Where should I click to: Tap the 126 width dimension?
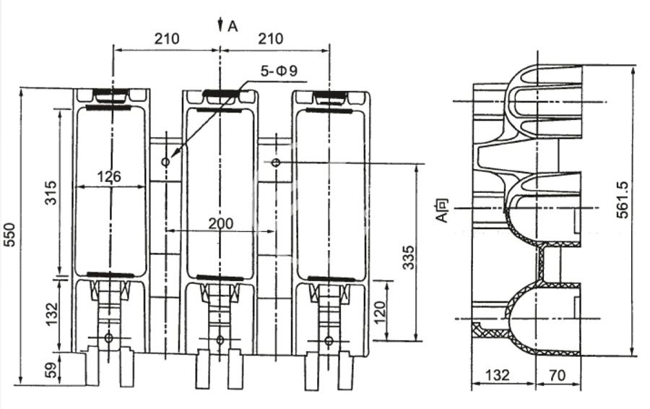[108, 176]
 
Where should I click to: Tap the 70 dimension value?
[555, 376]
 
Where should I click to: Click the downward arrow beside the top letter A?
[220, 25]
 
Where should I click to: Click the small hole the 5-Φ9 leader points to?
[166, 162]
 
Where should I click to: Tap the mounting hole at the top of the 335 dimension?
[276, 162]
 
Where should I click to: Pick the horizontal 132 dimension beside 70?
[498, 376]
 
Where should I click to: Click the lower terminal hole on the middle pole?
[220, 340]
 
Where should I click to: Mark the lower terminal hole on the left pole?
[109, 337]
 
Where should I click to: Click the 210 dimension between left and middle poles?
[167, 39]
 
